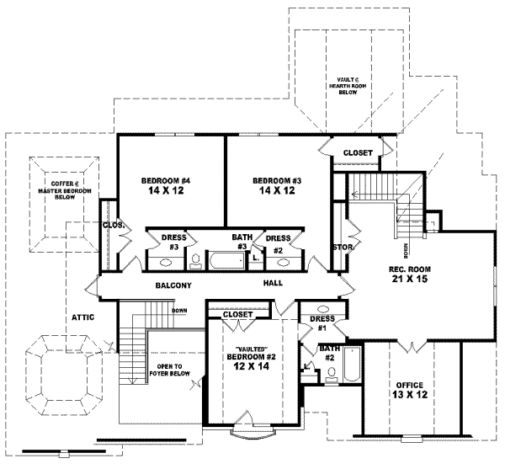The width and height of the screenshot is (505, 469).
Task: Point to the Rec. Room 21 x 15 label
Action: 406,274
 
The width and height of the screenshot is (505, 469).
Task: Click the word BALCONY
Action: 173,286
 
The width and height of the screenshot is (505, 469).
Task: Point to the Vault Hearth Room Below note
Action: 348,86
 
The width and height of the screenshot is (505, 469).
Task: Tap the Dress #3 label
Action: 173,243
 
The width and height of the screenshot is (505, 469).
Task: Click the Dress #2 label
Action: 279,243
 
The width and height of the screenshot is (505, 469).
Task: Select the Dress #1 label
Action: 322,323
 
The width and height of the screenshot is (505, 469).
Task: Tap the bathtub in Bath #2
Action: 352,363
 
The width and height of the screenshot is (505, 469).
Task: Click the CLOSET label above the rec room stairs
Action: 359,152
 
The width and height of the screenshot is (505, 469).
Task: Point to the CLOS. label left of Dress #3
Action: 114,226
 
